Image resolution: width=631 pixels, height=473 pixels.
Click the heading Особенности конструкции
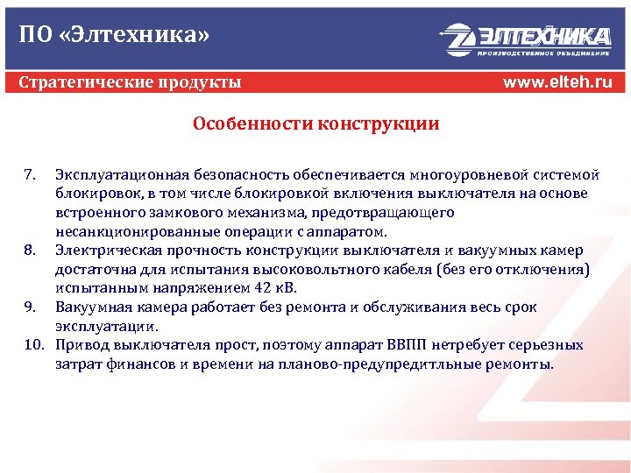316,124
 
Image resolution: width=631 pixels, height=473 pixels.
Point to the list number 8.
29,251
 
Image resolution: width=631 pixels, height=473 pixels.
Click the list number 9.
29,307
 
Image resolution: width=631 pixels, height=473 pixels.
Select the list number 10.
33,345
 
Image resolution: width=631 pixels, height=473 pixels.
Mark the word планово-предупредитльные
415,364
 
